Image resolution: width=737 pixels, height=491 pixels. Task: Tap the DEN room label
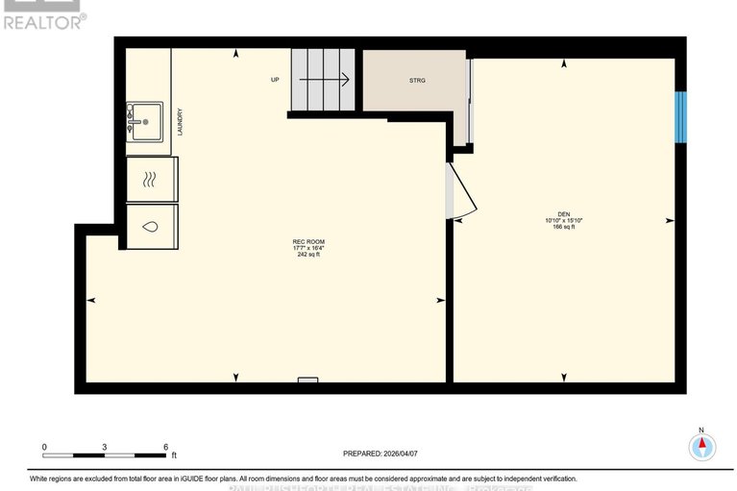click(564, 213)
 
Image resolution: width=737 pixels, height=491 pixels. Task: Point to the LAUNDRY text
click(180, 121)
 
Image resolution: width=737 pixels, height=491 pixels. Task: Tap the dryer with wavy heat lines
click(151, 179)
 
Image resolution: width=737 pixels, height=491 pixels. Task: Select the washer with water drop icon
click(151, 228)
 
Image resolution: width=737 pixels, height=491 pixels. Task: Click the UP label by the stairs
click(274, 80)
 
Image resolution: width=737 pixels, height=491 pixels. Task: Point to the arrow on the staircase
click(327, 80)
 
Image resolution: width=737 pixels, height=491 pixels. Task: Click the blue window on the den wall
click(680, 116)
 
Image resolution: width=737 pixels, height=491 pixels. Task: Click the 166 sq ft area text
click(564, 228)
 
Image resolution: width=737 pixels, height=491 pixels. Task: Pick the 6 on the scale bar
click(165, 448)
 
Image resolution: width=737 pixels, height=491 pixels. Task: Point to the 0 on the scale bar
click(44, 448)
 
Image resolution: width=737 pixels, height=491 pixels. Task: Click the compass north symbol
click(702, 446)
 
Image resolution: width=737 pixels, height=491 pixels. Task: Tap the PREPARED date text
click(381, 454)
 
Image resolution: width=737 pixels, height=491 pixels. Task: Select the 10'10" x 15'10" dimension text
click(564, 221)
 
